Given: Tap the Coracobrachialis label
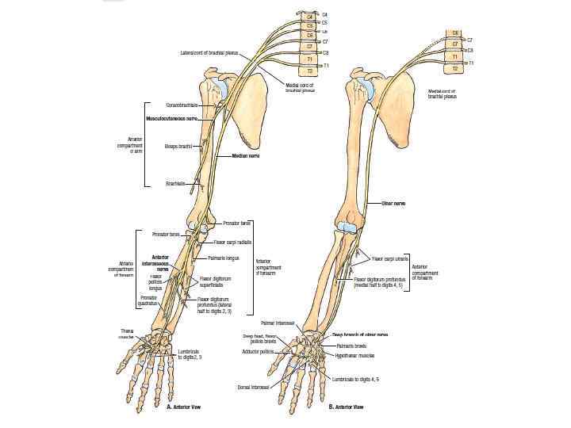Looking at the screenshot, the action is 182,105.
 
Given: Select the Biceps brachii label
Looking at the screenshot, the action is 178,147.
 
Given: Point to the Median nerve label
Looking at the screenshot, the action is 247,156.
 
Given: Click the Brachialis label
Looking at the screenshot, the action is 175,183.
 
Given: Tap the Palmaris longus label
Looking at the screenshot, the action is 223,258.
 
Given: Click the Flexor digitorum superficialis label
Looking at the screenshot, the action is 216,281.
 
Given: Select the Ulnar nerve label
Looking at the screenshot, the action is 393,204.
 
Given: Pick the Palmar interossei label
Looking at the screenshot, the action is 278,323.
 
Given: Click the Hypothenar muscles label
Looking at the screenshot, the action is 354,356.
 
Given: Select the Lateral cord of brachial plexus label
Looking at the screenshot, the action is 209,53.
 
